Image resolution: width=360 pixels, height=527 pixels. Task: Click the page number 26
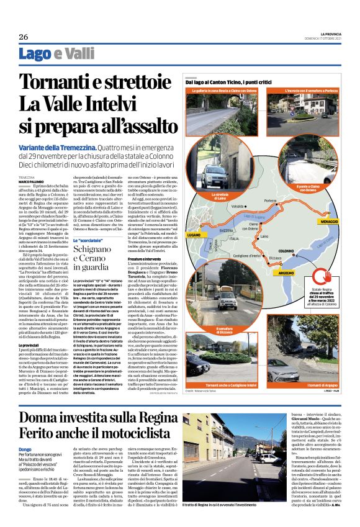point(23,37)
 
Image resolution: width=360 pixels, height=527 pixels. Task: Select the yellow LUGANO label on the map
point(193,253)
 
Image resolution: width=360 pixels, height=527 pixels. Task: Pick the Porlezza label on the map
point(270,200)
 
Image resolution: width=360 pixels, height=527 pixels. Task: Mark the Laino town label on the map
point(264,236)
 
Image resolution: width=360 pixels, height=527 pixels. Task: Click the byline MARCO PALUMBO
point(32,182)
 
